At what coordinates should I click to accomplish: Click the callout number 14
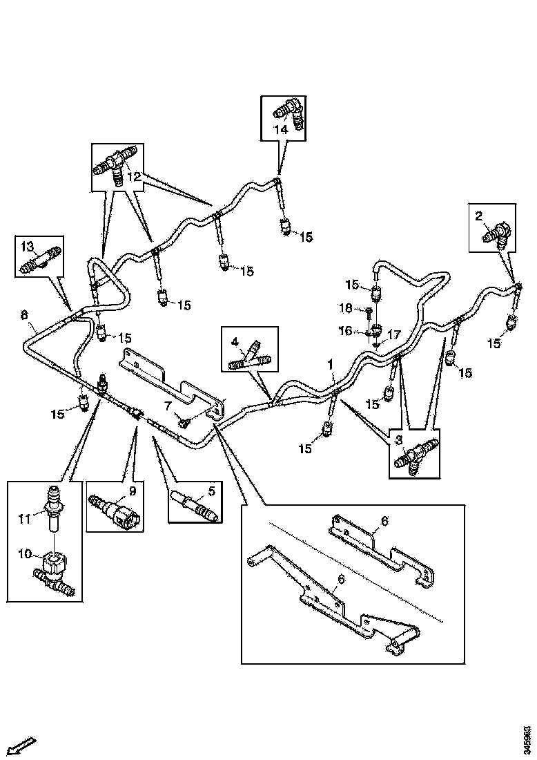click(281, 129)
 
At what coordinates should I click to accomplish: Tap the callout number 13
click(26, 247)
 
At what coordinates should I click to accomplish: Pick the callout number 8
click(26, 316)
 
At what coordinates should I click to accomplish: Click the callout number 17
click(394, 334)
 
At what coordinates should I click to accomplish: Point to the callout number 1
click(331, 362)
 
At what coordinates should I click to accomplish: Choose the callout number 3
click(398, 439)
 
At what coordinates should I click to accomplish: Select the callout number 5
click(211, 492)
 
